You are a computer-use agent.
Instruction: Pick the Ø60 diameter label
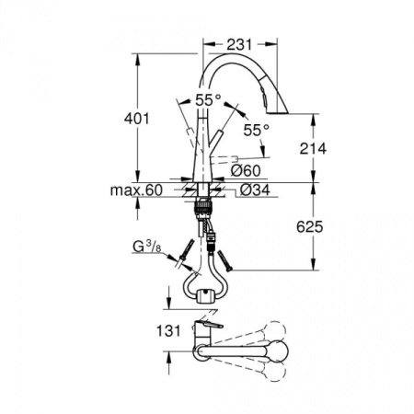click(x=244, y=171)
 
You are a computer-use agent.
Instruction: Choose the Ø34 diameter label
click(x=253, y=191)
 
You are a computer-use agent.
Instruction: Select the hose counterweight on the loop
click(x=208, y=294)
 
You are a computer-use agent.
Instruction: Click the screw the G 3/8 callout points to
click(x=186, y=249)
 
